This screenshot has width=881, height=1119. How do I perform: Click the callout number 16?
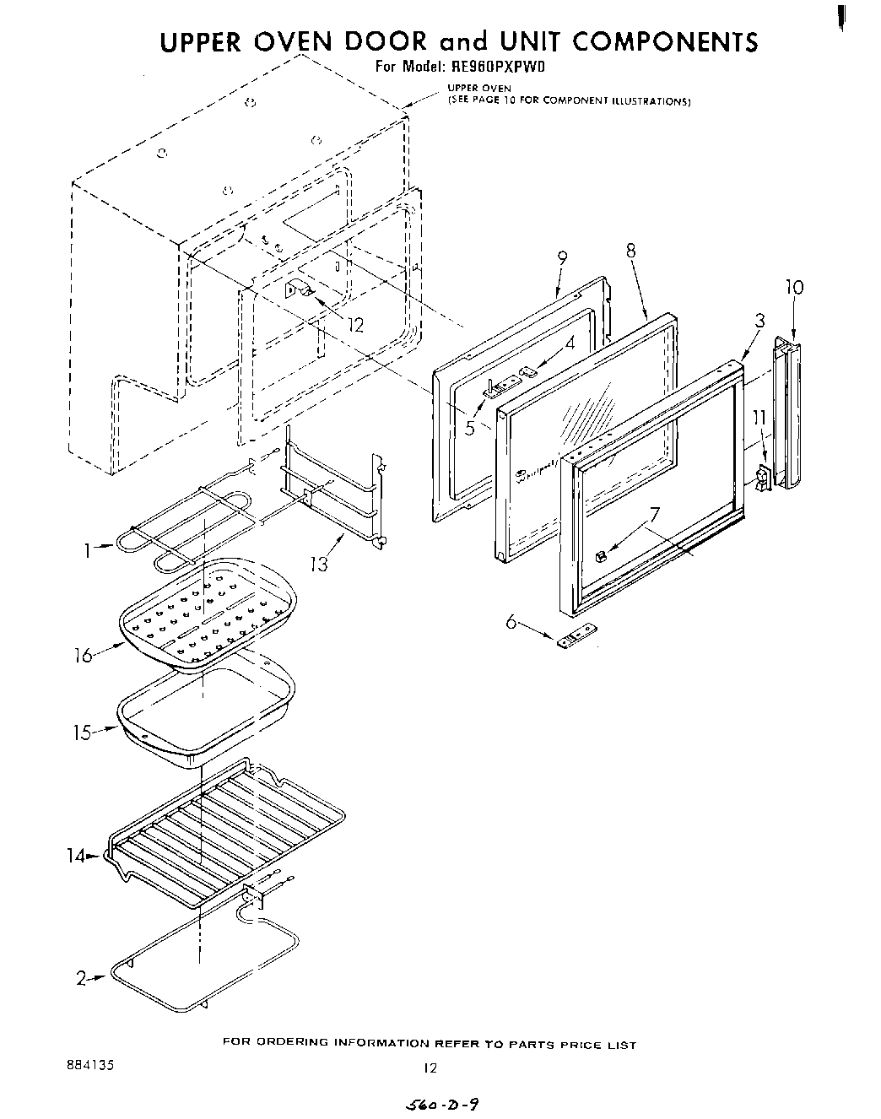[x=83, y=654]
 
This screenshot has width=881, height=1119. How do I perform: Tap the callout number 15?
[x=81, y=732]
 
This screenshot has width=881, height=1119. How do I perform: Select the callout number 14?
[x=76, y=856]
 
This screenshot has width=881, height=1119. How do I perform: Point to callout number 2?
[x=82, y=978]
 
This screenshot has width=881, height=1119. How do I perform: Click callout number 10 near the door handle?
[x=794, y=287]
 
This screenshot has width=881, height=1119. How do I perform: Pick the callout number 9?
[x=562, y=257]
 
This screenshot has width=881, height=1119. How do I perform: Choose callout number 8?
[x=630, y=250]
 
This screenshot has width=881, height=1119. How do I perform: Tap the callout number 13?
[x=319, y=563]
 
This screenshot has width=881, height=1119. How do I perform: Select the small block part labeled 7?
[x=601, y=557]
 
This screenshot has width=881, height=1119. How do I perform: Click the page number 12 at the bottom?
[x=430, y=1068]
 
